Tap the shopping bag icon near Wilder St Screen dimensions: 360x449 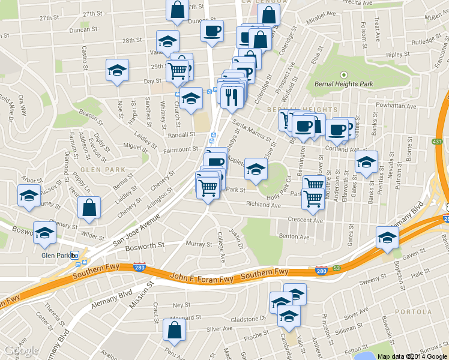[x=89, y=208]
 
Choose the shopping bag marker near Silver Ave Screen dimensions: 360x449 [x=174, y=329]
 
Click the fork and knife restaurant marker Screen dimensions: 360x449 [x=232, y=95]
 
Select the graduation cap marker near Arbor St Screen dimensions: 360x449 [x=29, y=196]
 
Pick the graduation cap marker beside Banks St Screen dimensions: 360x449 [x=366, y=162]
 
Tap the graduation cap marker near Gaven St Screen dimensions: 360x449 [x=387, y=238]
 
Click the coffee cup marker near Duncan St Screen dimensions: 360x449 [x=211, y=31]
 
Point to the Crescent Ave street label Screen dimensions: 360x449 [x=306, y=220]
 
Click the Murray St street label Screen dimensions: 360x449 [x=196, y=244]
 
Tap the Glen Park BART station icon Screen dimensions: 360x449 [x=75, y=255]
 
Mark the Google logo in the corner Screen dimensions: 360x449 [x=21, y=350]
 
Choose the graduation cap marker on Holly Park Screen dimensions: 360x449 [x=256, y=169]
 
